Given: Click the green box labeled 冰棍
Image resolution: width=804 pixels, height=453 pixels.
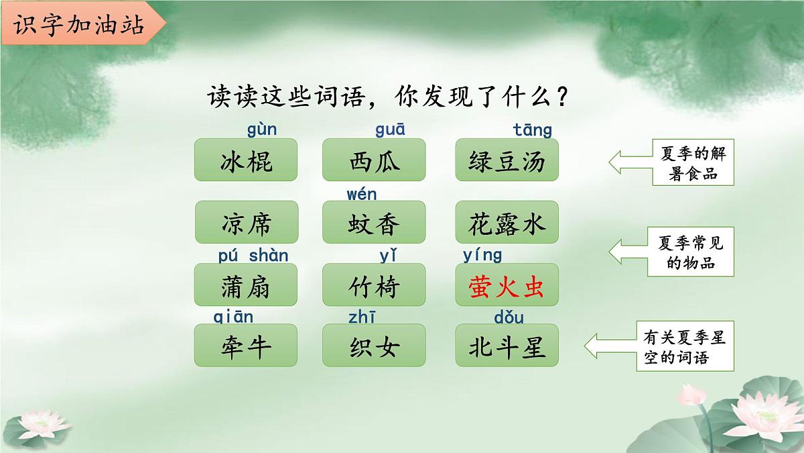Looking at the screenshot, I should (246, 160).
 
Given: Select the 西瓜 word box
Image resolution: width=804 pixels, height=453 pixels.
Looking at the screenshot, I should (374, 160).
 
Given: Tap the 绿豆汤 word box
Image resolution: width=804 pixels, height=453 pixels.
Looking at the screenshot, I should (507, 160).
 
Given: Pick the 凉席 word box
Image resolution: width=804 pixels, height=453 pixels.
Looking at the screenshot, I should (246, 222).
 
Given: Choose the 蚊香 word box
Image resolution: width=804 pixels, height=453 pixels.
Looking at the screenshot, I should (374, 222).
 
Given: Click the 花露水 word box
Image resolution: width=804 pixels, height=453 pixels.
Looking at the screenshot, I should (507, 222).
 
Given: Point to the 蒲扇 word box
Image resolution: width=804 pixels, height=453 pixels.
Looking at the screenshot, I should (246, 285).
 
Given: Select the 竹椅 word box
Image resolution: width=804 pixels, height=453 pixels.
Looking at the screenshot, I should (374, 285).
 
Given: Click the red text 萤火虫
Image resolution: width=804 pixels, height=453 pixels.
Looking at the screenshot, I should (507, 285).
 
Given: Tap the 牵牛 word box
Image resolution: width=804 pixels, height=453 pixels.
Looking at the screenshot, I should (246, 346).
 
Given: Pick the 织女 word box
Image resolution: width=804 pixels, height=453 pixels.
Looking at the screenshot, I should (374, 346).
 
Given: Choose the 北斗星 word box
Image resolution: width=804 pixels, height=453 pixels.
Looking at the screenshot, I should (507, 346).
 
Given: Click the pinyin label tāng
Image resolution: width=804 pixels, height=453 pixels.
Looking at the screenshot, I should (533, 129).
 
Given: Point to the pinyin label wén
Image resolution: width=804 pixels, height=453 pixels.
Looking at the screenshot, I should (362, 195).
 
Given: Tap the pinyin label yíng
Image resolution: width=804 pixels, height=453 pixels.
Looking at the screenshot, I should (482, 255).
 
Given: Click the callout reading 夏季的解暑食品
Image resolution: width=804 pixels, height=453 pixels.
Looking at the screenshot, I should (693, 162).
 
